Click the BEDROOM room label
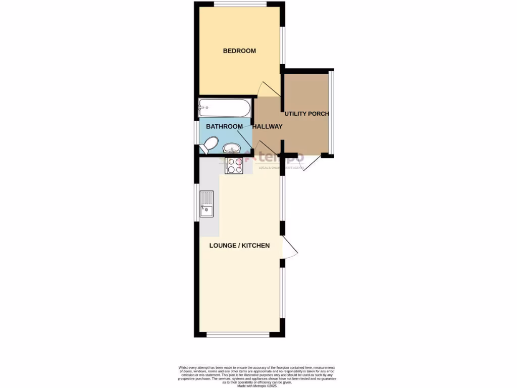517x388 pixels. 239,51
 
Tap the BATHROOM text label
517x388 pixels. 224,126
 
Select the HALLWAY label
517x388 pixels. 267,126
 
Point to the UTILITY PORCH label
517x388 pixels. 306,114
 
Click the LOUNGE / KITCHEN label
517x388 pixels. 239,246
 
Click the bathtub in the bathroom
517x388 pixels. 225,108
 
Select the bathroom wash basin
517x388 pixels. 231,148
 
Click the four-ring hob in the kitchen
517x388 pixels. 234,166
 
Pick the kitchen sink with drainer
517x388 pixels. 206,204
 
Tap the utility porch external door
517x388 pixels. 308,163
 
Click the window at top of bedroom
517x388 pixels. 240,5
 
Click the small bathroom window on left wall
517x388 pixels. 196,133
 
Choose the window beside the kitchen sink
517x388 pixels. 196,202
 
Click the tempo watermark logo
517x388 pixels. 275,158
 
